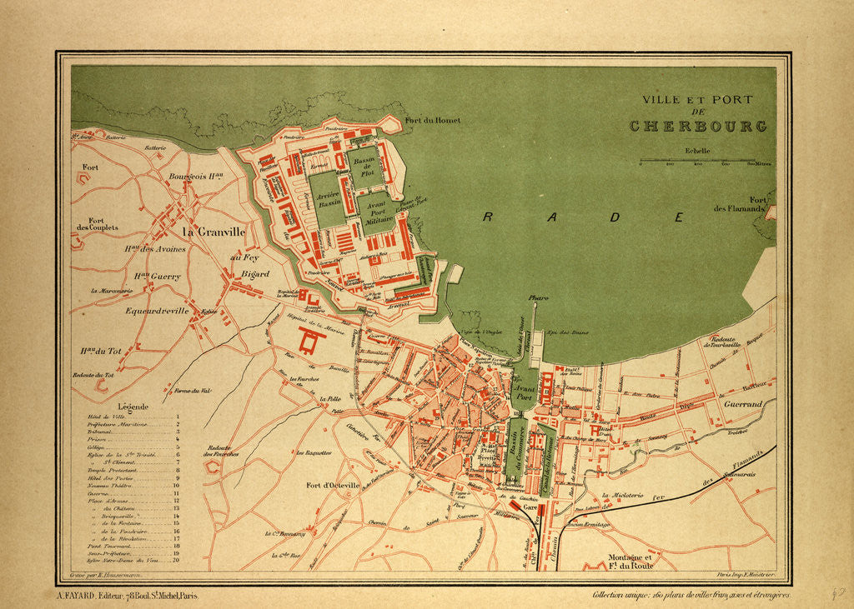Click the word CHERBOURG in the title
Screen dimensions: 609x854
click(697, 127)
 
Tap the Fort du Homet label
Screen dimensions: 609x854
click(432, 120)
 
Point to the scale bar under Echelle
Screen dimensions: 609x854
click(697, 160)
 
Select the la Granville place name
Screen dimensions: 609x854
click(214, 232)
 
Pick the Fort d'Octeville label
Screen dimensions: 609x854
click(332, 485)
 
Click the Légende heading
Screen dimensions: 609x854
click(133, 407)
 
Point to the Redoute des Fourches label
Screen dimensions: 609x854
click(221, 451)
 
